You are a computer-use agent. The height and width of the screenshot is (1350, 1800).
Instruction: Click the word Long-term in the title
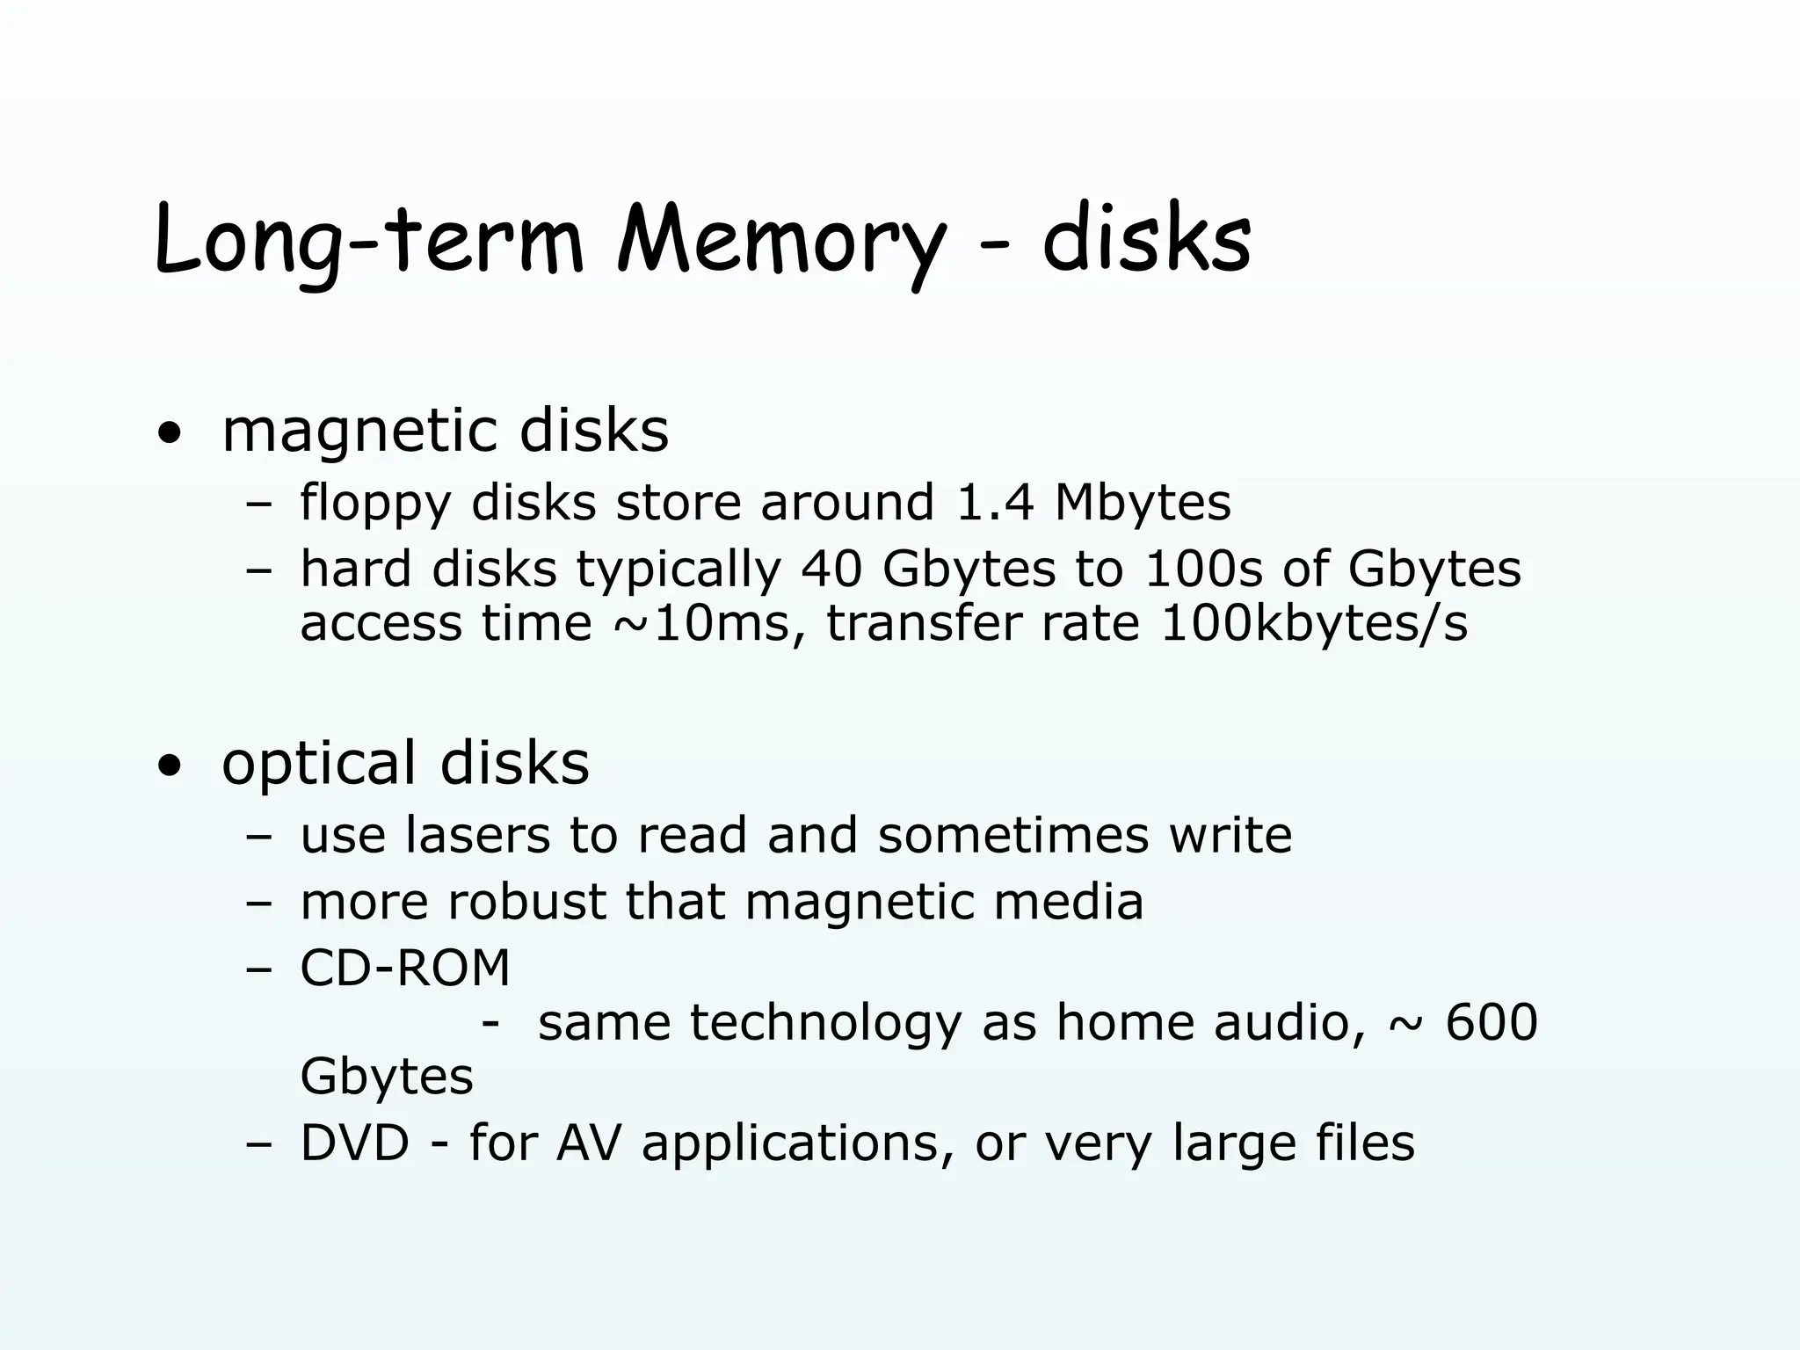[x=369, y=242]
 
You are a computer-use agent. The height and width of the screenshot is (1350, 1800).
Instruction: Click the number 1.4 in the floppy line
[x=993, y=503]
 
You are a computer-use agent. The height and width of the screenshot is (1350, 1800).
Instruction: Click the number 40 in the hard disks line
[x=831, y=569]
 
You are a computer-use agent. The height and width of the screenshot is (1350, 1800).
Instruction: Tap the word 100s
[x=1203, y=569]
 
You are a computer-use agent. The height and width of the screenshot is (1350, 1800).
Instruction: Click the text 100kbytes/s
[x=1314, y=624]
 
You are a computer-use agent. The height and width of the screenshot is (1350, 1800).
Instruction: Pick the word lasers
[x=477, y=835]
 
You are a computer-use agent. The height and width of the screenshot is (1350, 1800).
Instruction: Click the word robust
[x=526, y=902]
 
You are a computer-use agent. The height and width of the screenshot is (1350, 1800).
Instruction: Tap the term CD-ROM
[x=405, y=969]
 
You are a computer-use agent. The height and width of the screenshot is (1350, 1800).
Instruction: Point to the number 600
[x=1492, y=1022]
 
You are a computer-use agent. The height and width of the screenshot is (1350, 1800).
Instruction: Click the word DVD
[x=355, y=1143]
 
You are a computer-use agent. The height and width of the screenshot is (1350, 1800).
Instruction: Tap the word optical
[x=318, y=764]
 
